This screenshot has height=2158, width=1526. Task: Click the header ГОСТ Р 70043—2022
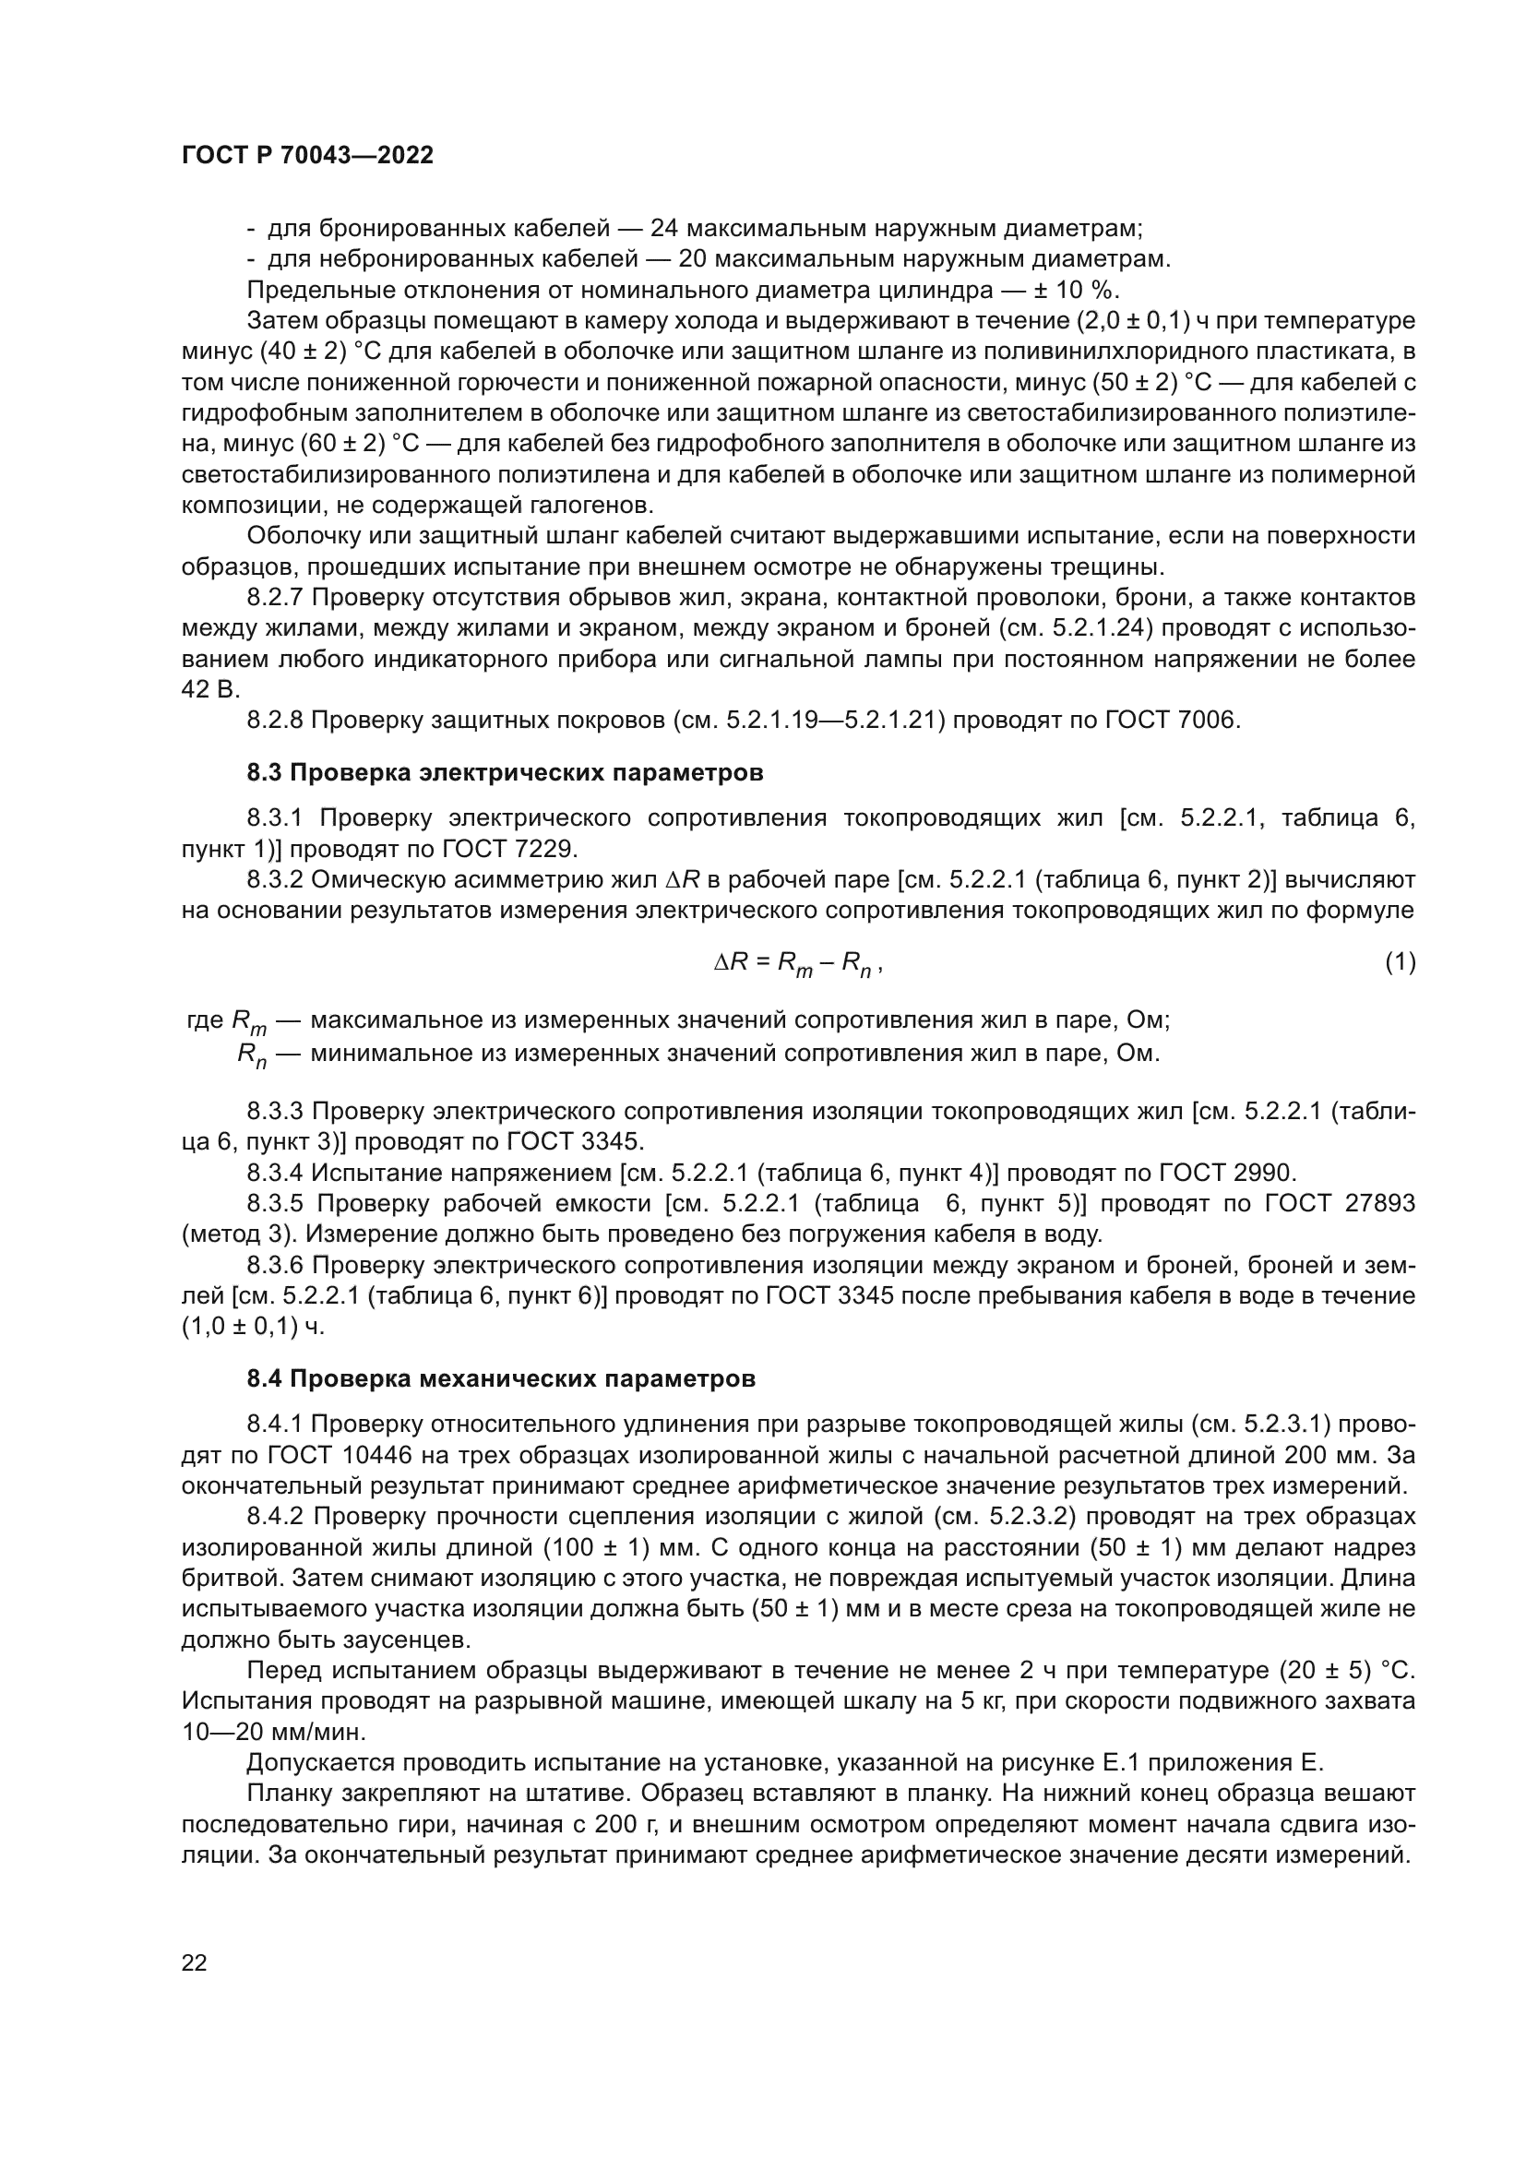(x=307, y=156)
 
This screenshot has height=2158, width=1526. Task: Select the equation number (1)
(x=1401, y=961)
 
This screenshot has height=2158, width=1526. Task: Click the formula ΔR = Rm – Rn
(x=797, y=962)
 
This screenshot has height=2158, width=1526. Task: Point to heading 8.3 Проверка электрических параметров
(x=505, y=772)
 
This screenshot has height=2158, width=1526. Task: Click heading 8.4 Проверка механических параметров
(x=501, y=1378)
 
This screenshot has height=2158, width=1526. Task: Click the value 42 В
(x=210, y=690)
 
